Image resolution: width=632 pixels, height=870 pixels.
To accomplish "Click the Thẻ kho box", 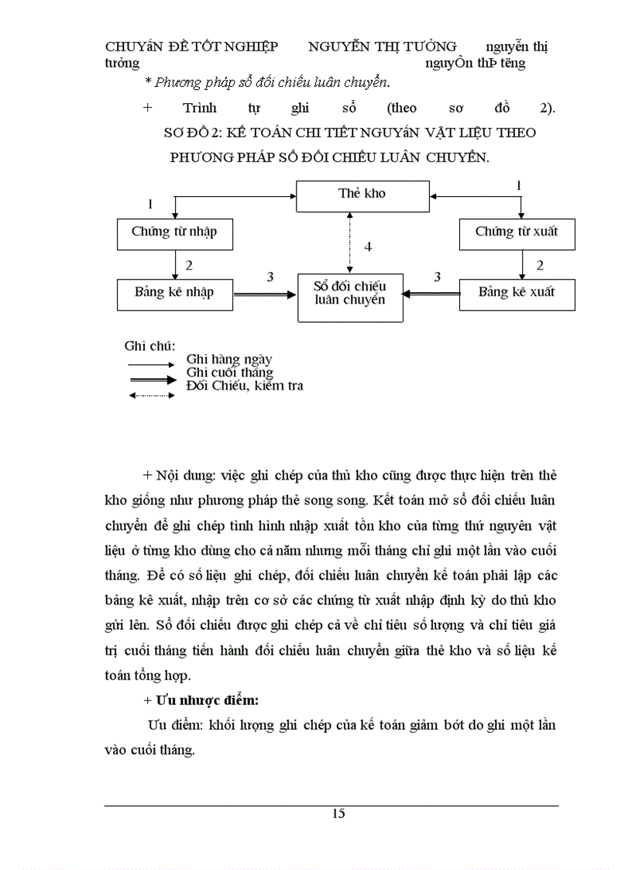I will coord(362,195).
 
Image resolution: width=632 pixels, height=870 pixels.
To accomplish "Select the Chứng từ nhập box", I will coord(174,233).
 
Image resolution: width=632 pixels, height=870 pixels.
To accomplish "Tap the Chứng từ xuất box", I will coord(517,232).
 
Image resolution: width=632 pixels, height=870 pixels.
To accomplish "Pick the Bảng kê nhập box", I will coord(174,294).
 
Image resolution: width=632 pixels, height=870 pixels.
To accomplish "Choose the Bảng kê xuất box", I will coord(517,294).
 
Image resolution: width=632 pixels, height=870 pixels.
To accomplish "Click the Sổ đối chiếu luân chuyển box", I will coord(351,296).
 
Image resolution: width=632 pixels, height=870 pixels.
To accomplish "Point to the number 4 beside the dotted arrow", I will coord(369,247).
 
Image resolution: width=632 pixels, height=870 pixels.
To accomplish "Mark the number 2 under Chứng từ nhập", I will coord(188,265).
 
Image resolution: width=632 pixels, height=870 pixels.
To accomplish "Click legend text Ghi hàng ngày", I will coord(228,359).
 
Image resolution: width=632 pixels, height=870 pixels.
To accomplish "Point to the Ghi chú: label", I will coord(149,345).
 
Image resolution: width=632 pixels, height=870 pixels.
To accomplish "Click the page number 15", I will coord(338,813).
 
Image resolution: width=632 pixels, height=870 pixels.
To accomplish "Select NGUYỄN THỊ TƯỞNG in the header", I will coord(383,46).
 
